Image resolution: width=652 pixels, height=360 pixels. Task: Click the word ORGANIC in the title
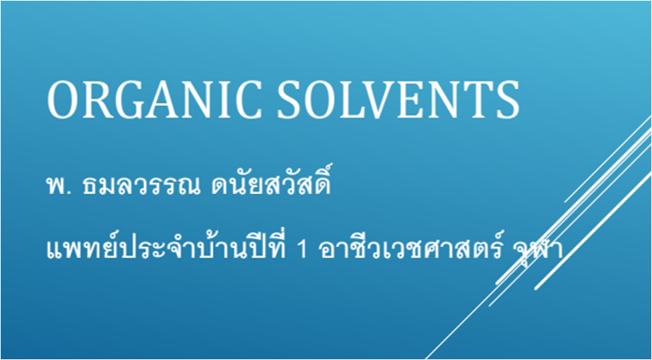pos(154,100)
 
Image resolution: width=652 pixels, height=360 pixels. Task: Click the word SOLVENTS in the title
pos(398,100)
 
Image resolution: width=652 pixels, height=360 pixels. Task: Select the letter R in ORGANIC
pos(100,100)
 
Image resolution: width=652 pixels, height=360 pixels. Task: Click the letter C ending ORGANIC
pos(249,100)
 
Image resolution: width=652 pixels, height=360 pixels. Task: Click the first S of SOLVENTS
pos(290,100)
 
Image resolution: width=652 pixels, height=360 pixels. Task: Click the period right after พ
pos(65,193)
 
